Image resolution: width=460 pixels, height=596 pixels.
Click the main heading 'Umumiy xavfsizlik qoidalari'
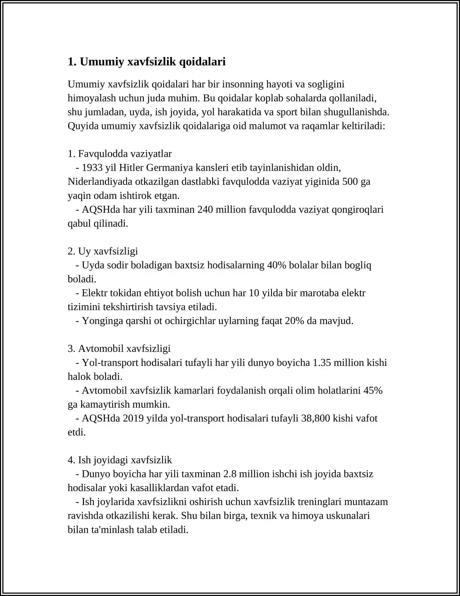147,62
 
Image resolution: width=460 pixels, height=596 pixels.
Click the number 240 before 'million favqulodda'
205,210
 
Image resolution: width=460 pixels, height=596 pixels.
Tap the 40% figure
277,265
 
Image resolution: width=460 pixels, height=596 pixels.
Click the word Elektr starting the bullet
94,293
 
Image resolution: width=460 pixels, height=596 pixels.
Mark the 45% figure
373,390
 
